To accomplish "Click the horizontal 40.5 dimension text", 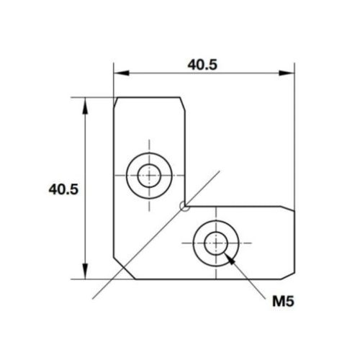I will pos(203,63).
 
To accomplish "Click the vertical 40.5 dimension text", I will pos(63,189).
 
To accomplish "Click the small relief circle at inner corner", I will pos(186,207).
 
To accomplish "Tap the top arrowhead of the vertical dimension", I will pos(86,103).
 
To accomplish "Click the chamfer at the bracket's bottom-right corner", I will pos(292,274).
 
